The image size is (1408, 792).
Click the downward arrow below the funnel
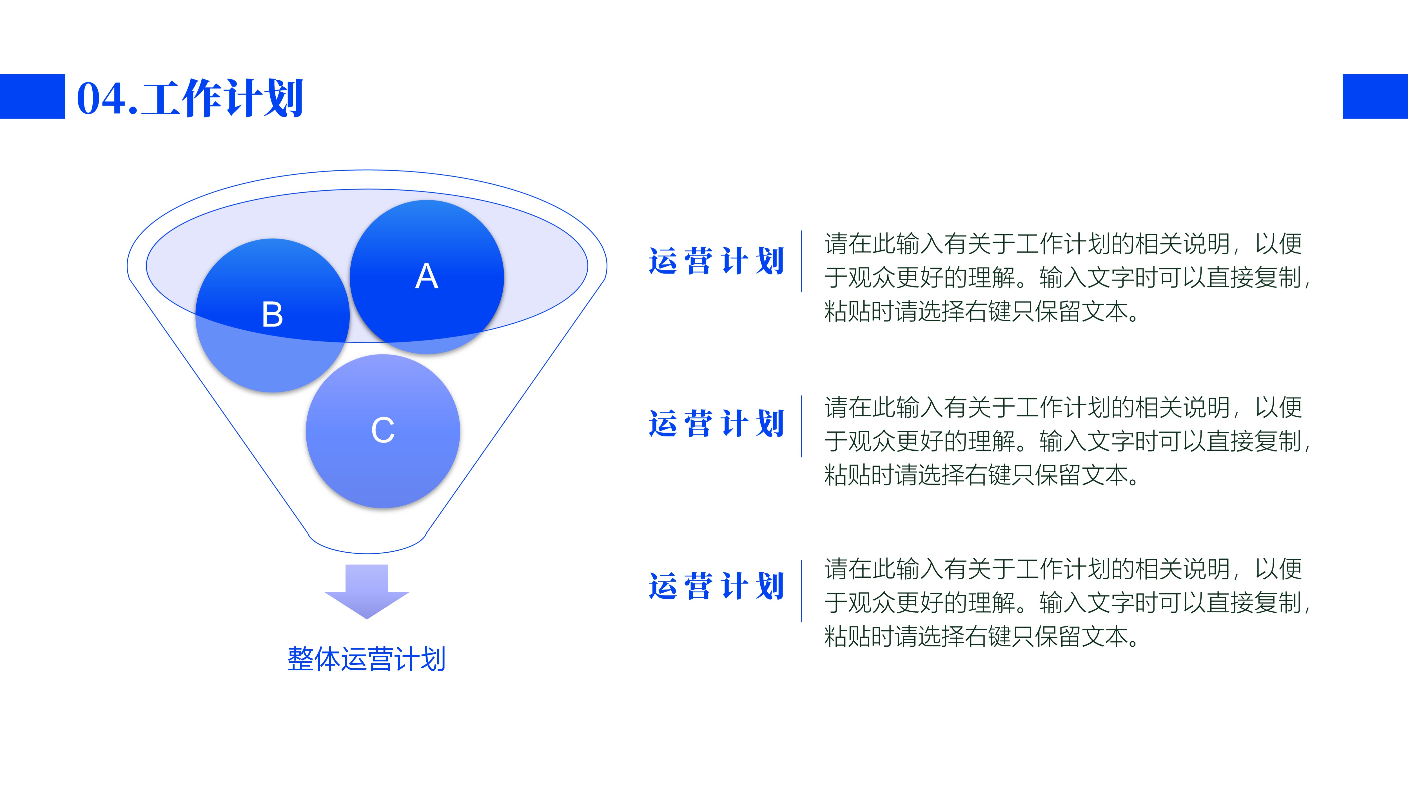[x=367, y=591]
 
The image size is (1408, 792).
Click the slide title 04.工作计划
[x=190, y=98]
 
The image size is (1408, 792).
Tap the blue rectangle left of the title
[x=32, y=96]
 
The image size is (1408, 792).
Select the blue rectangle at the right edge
[x=1375, y=96]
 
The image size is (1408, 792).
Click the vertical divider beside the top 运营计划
[x=801, y=261]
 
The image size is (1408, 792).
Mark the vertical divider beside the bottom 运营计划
[x=801, y=591]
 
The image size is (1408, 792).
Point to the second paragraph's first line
[x=1064, y=407]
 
